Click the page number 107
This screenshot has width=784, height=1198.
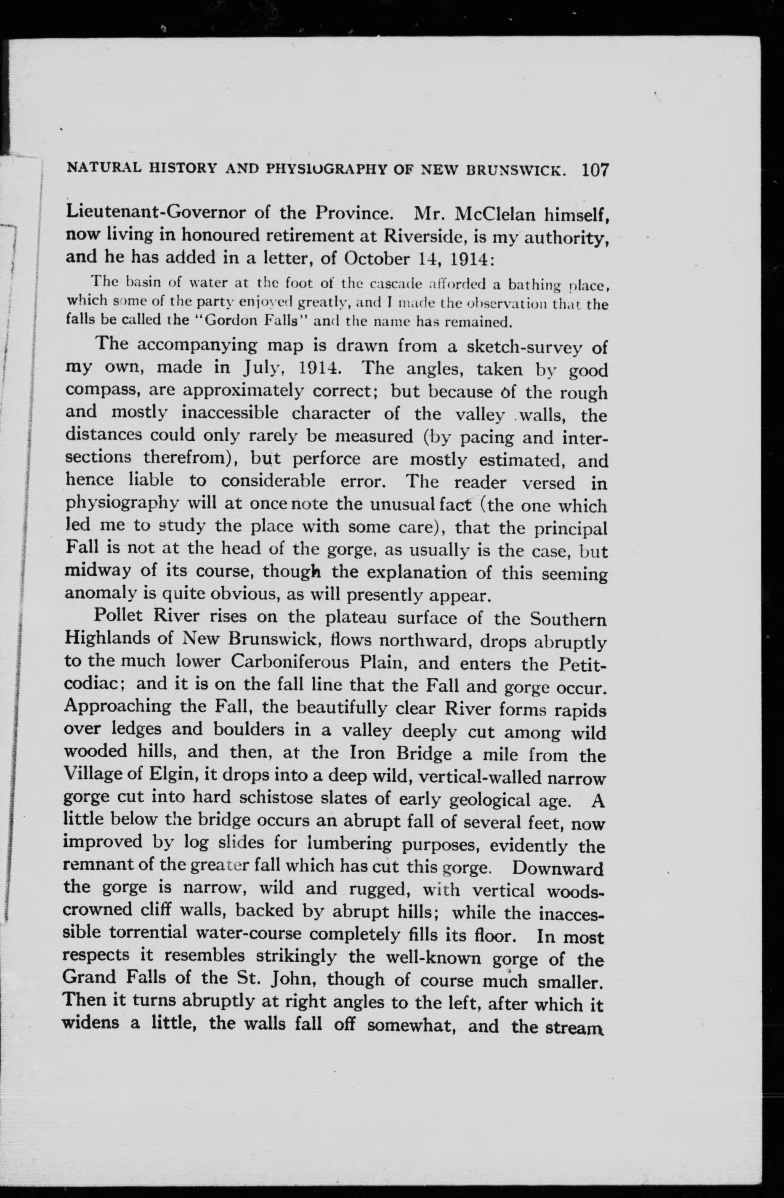[595, 170]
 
